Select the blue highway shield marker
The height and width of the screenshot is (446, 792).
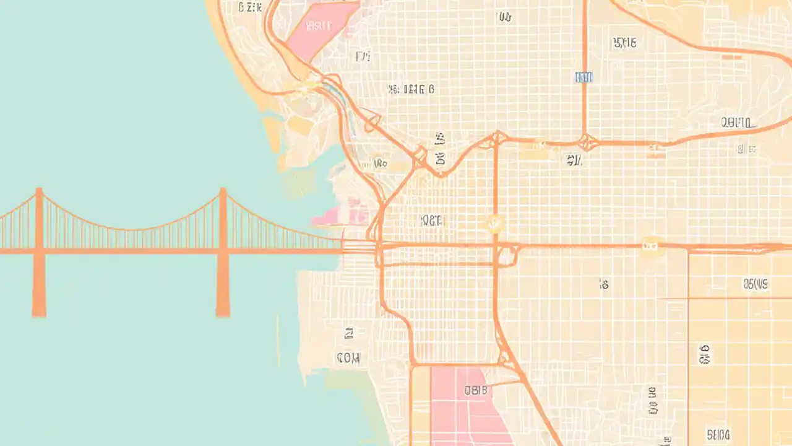tap(583, 77)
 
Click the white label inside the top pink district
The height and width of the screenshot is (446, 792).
tap(319, 26)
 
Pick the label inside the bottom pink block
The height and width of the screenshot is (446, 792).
tap(475, 390)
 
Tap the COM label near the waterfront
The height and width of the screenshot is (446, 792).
tap(348, 357)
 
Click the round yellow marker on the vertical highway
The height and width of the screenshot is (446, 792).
tap(494, 223)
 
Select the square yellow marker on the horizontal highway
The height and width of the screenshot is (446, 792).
tap(650, 245)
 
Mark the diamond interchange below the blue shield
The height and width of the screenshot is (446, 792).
tap(585, 142)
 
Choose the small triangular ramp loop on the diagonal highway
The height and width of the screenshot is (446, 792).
tap(371, 121)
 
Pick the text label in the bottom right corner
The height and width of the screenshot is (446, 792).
tap(718, 434)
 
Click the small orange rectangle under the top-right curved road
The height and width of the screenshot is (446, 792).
tap(732, 57)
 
